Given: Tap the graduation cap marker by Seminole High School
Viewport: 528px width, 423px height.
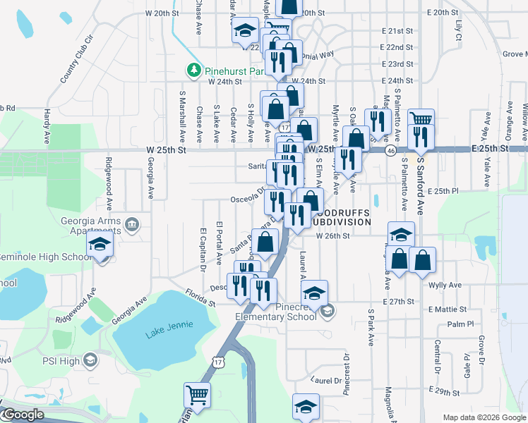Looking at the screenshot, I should click(x=100, y=245).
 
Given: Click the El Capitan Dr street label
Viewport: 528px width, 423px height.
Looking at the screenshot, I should click(x=202, y=249).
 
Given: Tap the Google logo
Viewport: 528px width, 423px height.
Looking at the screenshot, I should click(x=23, y=415).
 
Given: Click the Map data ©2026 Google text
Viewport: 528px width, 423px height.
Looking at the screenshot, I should click(x=484, y=417).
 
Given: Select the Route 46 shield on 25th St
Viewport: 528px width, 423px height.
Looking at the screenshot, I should click(x=390, y=151).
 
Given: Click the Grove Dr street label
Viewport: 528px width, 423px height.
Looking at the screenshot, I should click(x=481, y=352).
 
